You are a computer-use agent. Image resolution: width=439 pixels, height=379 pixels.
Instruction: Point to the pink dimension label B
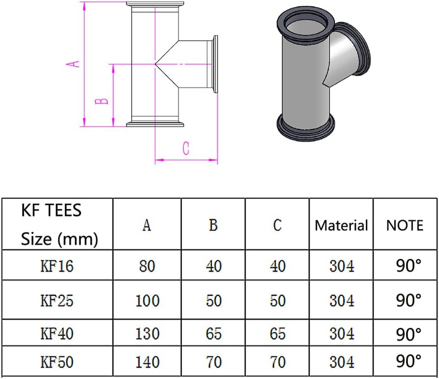tap(102, 101)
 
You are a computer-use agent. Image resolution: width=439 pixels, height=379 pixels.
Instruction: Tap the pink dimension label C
tap(186, 149)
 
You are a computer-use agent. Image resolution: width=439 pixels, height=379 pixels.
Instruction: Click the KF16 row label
tap(57, 266)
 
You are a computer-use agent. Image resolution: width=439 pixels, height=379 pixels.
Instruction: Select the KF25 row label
tap(57, 300)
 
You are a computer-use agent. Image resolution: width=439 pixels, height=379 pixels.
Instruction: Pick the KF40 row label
tap(57, 333)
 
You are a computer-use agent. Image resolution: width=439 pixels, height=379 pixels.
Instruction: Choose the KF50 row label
tap(57, 362)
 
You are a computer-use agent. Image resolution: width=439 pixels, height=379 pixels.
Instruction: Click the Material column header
tap(341, 225)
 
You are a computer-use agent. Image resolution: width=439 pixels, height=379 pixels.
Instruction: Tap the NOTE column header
tap(405, 225)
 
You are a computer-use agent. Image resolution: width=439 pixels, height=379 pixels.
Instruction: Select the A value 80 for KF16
tap(147, 266)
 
